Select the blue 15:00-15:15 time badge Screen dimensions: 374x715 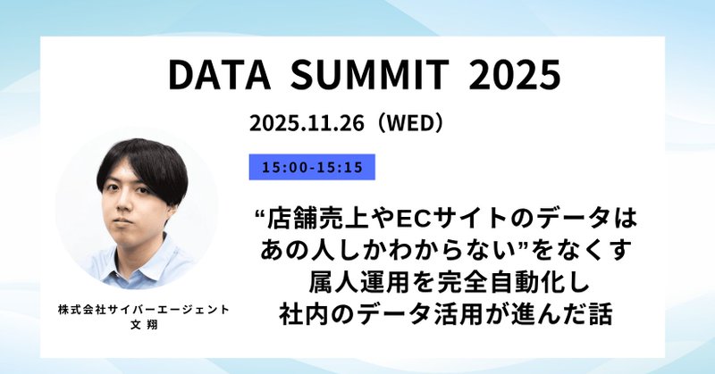(x=312, y=167)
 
